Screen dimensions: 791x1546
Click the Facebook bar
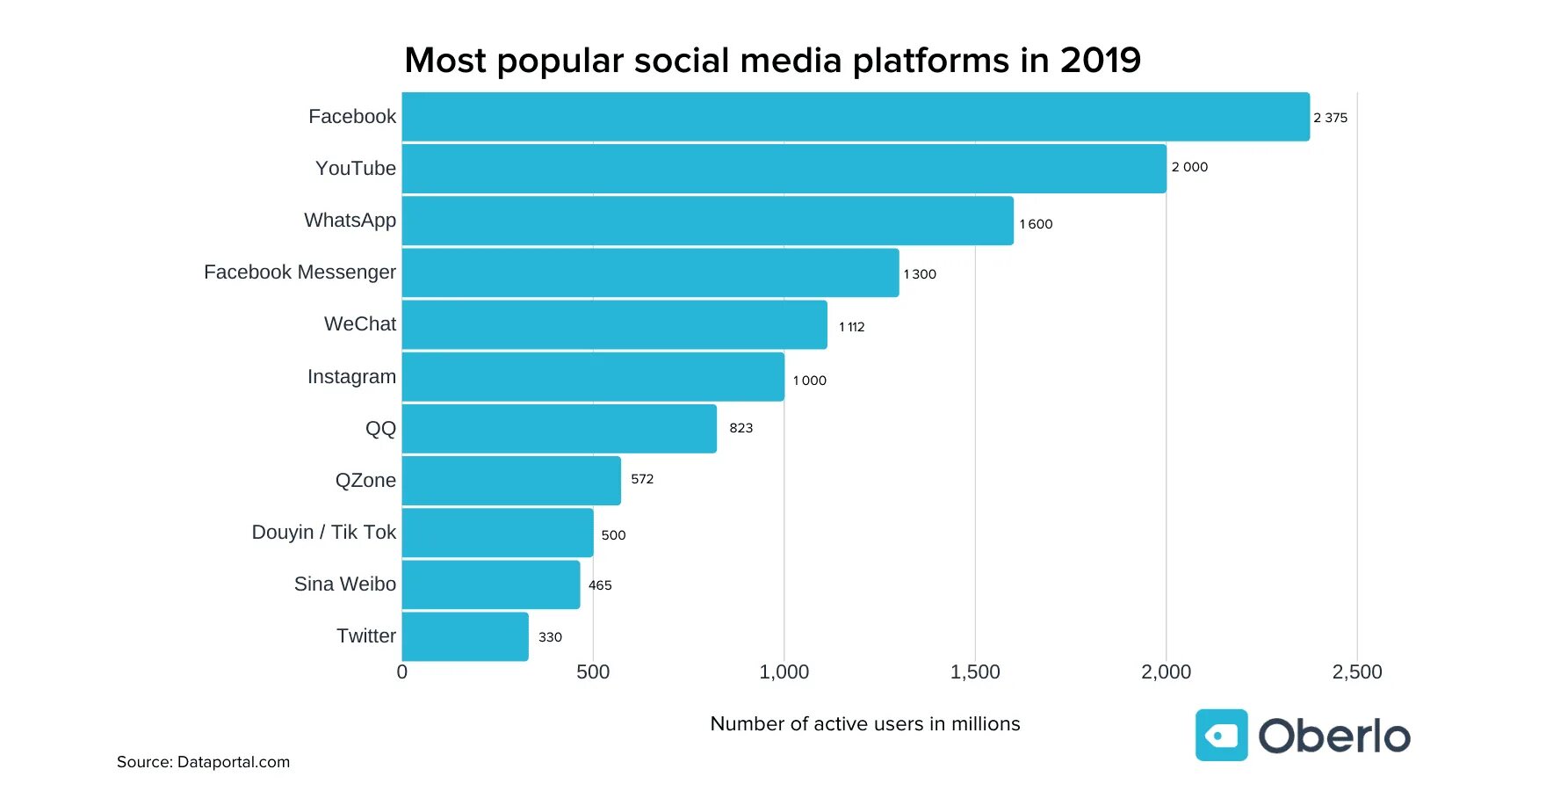click(856, 117)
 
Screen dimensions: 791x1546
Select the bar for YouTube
click(784, 169)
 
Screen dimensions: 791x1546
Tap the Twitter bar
click(465, 636)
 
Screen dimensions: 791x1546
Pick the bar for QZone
click(511, 481)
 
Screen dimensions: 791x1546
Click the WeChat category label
click(359, 324)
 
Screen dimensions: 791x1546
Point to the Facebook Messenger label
click(300, 272)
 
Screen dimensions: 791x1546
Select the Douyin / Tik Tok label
click(323, 533)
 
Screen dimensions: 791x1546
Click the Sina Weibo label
click(344, 584)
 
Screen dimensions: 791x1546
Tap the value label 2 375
click(1330, 118)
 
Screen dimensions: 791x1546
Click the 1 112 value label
click(851, 327)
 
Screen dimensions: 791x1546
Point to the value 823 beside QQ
click(740, 428)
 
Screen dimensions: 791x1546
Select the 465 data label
click(600, 585)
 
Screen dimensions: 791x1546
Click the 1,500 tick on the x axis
click(975, 672)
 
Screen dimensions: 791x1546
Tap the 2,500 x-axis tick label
click(1356, 672)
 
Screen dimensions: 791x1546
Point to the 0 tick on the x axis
click(402, 672)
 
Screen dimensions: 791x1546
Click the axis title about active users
click(864, 724)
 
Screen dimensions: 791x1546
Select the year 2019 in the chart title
click(1100, 61)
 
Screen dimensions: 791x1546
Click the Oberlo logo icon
click(1221, 736)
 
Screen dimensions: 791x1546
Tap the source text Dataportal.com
click(233, 762)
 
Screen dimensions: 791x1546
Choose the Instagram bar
click(593, 377)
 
